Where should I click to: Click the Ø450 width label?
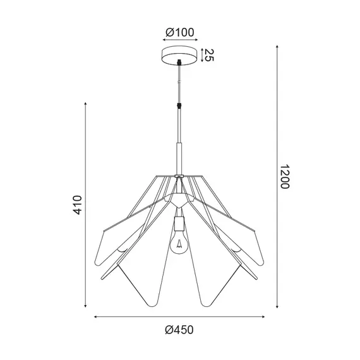pyautogui.click(x=179, y=328)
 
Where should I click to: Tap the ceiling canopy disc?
pyautogui.click(x=179, y=56)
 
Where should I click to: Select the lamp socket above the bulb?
pyautogui.click(x=179, y=222)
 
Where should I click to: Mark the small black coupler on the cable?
pyautogui.click(x=180, y=107)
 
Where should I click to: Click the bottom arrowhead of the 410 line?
pyautogui.click(x=87, y=308)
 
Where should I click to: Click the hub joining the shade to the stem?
pyautogui.click(x=179, y=177)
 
